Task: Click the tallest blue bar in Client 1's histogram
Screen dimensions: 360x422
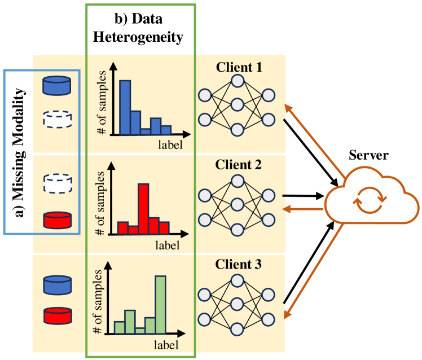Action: coord(125,107)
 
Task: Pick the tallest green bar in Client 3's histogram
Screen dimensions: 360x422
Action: coord(161,304)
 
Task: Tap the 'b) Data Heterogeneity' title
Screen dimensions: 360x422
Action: coord(140,29)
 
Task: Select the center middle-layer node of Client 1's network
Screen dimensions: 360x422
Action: coord(237,105)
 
